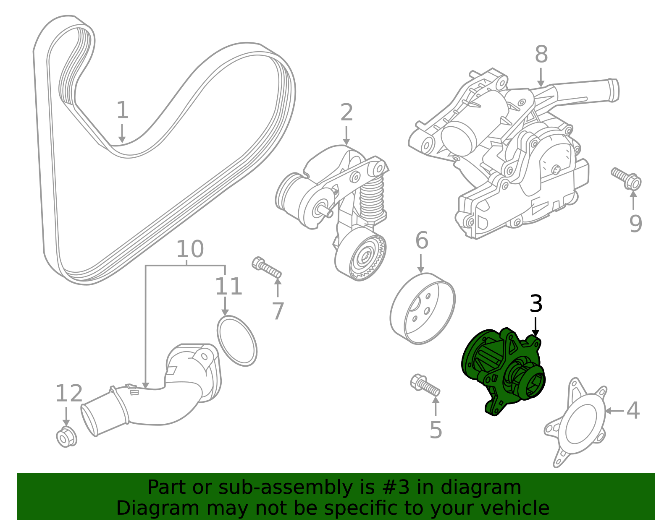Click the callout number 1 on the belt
click(122, 110)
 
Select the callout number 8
click(541, 55)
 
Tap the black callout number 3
click(536, 304)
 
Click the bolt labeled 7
click(266, 268)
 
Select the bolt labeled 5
click(425, 385)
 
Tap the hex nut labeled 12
click(66, 437)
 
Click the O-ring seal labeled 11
click(237, 340)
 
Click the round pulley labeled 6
click(422, 308)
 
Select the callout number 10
click(189, 250)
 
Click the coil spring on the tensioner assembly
click(372, 197)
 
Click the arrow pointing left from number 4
click(614, 411)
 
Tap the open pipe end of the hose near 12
click(89, 420)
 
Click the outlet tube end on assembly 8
click(613, 90)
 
